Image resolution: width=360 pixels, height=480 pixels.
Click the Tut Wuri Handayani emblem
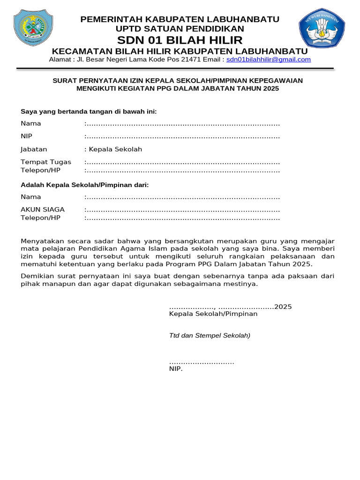pyautogui.click(x=322, y=30)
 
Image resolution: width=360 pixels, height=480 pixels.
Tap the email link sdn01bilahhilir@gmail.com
pyautogui.click(x=268, y=60)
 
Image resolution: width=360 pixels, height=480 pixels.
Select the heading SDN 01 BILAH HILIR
pyautogui.click(x=180, y=40)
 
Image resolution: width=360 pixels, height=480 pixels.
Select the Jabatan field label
pyautogui.click(x=34, y=150)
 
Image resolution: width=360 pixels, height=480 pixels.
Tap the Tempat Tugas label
pyautogui.click(x=46, y=162)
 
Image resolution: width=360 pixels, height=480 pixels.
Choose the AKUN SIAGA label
pyautogui.click(x=43, y=210)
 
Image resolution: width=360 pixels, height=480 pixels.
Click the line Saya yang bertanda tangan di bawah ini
pyautogui.click(x=89, y=112)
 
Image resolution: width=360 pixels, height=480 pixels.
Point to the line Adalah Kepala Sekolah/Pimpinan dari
pyautogui.click(x=84, y=185)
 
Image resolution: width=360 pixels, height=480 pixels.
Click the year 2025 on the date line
pyautogui.click(x=283, y=307)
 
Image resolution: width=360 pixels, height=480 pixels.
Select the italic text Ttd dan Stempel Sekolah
pyautogui.click(x=210, y=336)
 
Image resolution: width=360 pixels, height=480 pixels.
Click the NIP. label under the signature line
pyautogui.click(x=176, y=369)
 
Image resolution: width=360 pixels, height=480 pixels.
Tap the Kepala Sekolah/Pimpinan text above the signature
pyautogui.click(x=213, y=314)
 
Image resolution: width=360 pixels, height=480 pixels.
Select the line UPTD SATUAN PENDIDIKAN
pyautogui.click(x=180, y=29)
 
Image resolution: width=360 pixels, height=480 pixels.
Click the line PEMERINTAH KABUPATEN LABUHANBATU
pyautogui.click(x=180, y=19)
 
